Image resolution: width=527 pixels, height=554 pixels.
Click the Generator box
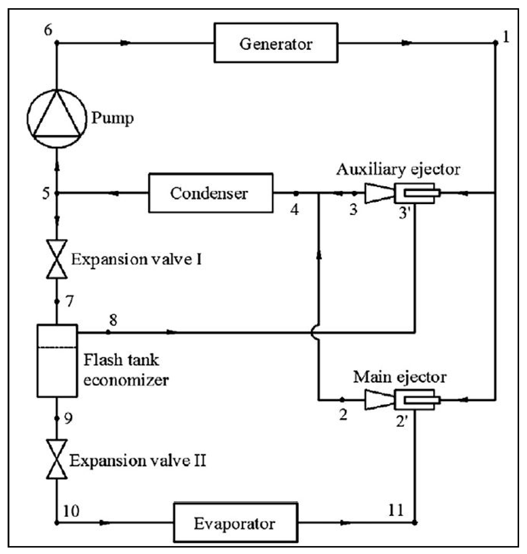pos(276,43)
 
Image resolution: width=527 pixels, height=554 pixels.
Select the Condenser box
pos(211,193)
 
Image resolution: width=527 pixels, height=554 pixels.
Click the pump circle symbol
pos(57,118)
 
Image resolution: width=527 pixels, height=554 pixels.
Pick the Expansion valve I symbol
pos(57,259)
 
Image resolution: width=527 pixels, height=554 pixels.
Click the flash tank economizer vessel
pos(57,361)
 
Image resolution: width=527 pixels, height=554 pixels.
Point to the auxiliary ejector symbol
pos(402,193)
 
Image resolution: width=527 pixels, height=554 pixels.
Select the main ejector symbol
pos(402,399)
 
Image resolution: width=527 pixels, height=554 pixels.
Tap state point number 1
pos(506,37)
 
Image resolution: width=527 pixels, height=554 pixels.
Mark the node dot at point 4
pos(296,193)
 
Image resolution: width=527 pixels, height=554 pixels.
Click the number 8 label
pos(113,320)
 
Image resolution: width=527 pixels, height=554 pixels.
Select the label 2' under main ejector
pos(402,421)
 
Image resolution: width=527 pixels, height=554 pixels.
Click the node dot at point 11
pos(415,522)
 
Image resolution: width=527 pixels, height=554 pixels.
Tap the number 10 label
pos(71,511)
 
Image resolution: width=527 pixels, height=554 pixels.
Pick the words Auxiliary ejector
pos(398,170)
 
